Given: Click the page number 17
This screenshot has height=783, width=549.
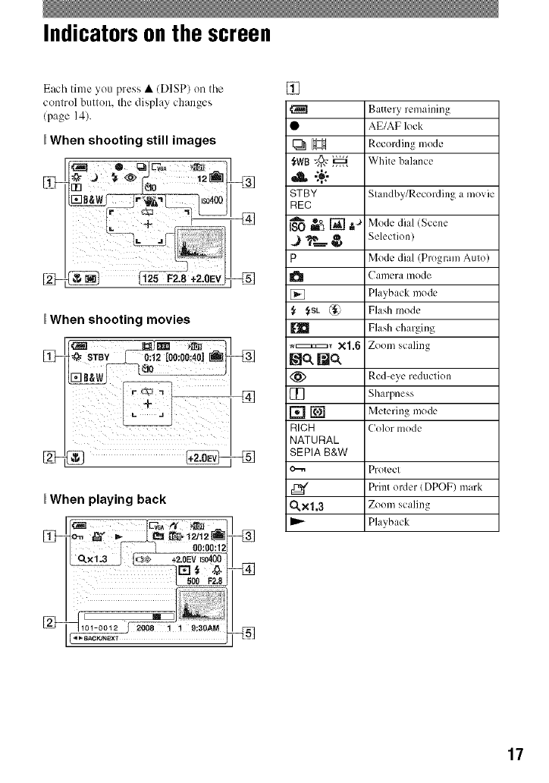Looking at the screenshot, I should (515, 753).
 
